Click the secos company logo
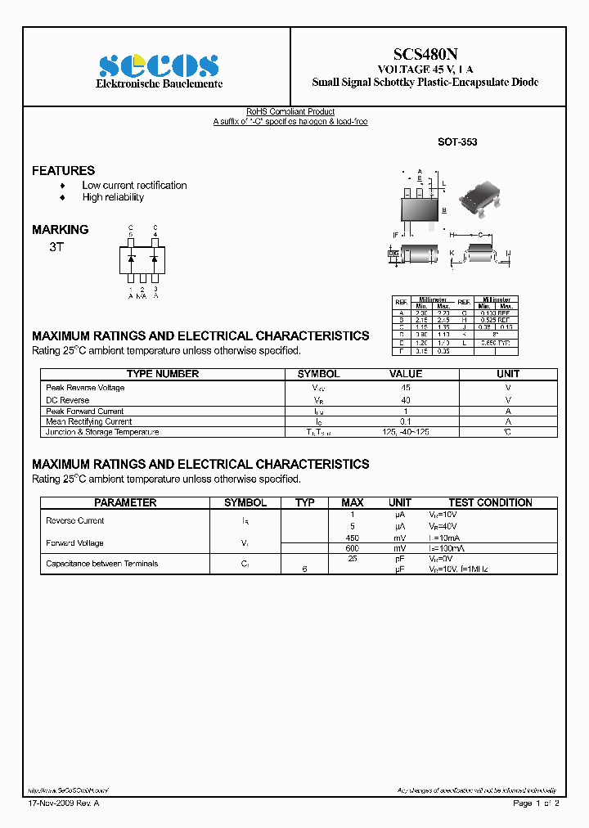[x=159, y=65]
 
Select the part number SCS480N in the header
[x=425, y=54]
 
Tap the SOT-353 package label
[x=457, y=142]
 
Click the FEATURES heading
[x=63, y=170]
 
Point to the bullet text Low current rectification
[x=134, y=186]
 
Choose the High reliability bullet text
[x=113, y=197]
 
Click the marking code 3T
[x=56, y=246]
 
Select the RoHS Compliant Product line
[x=290, y=112]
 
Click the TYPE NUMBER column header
[x=163, y=374]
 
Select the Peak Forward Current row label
[x=85, y=412]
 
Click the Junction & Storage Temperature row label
[x=102, y=432]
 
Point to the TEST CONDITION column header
[x=490, y=502]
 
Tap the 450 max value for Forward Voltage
[x=353, y=537]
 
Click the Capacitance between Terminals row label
[x=102, y=564]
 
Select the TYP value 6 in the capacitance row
[x=304, y=569]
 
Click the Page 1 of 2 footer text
[x=536, y=804]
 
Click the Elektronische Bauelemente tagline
[x=159, y=84]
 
